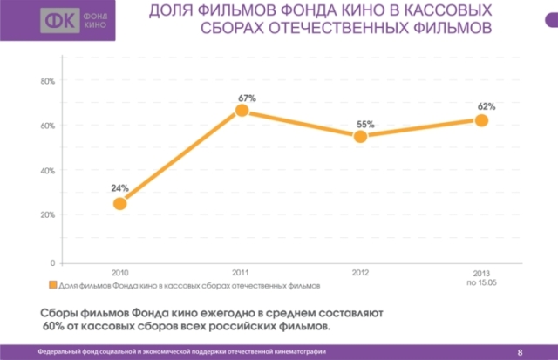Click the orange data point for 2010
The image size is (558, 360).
[120, 203]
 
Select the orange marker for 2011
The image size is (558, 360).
[242, 111]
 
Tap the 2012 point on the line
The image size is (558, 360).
[361, 136]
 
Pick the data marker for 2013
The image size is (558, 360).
[481, 120]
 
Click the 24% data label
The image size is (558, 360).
[120, 187]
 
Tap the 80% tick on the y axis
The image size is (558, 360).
[47, 81]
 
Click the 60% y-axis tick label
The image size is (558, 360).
[47, 126]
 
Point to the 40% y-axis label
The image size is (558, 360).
[47, 170]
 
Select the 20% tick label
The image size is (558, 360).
[47, 214]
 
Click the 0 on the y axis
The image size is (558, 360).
[52, 262]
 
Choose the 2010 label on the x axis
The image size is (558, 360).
[120, 272]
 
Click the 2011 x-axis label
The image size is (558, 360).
[242, 272]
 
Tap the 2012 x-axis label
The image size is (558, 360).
[361, 272]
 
